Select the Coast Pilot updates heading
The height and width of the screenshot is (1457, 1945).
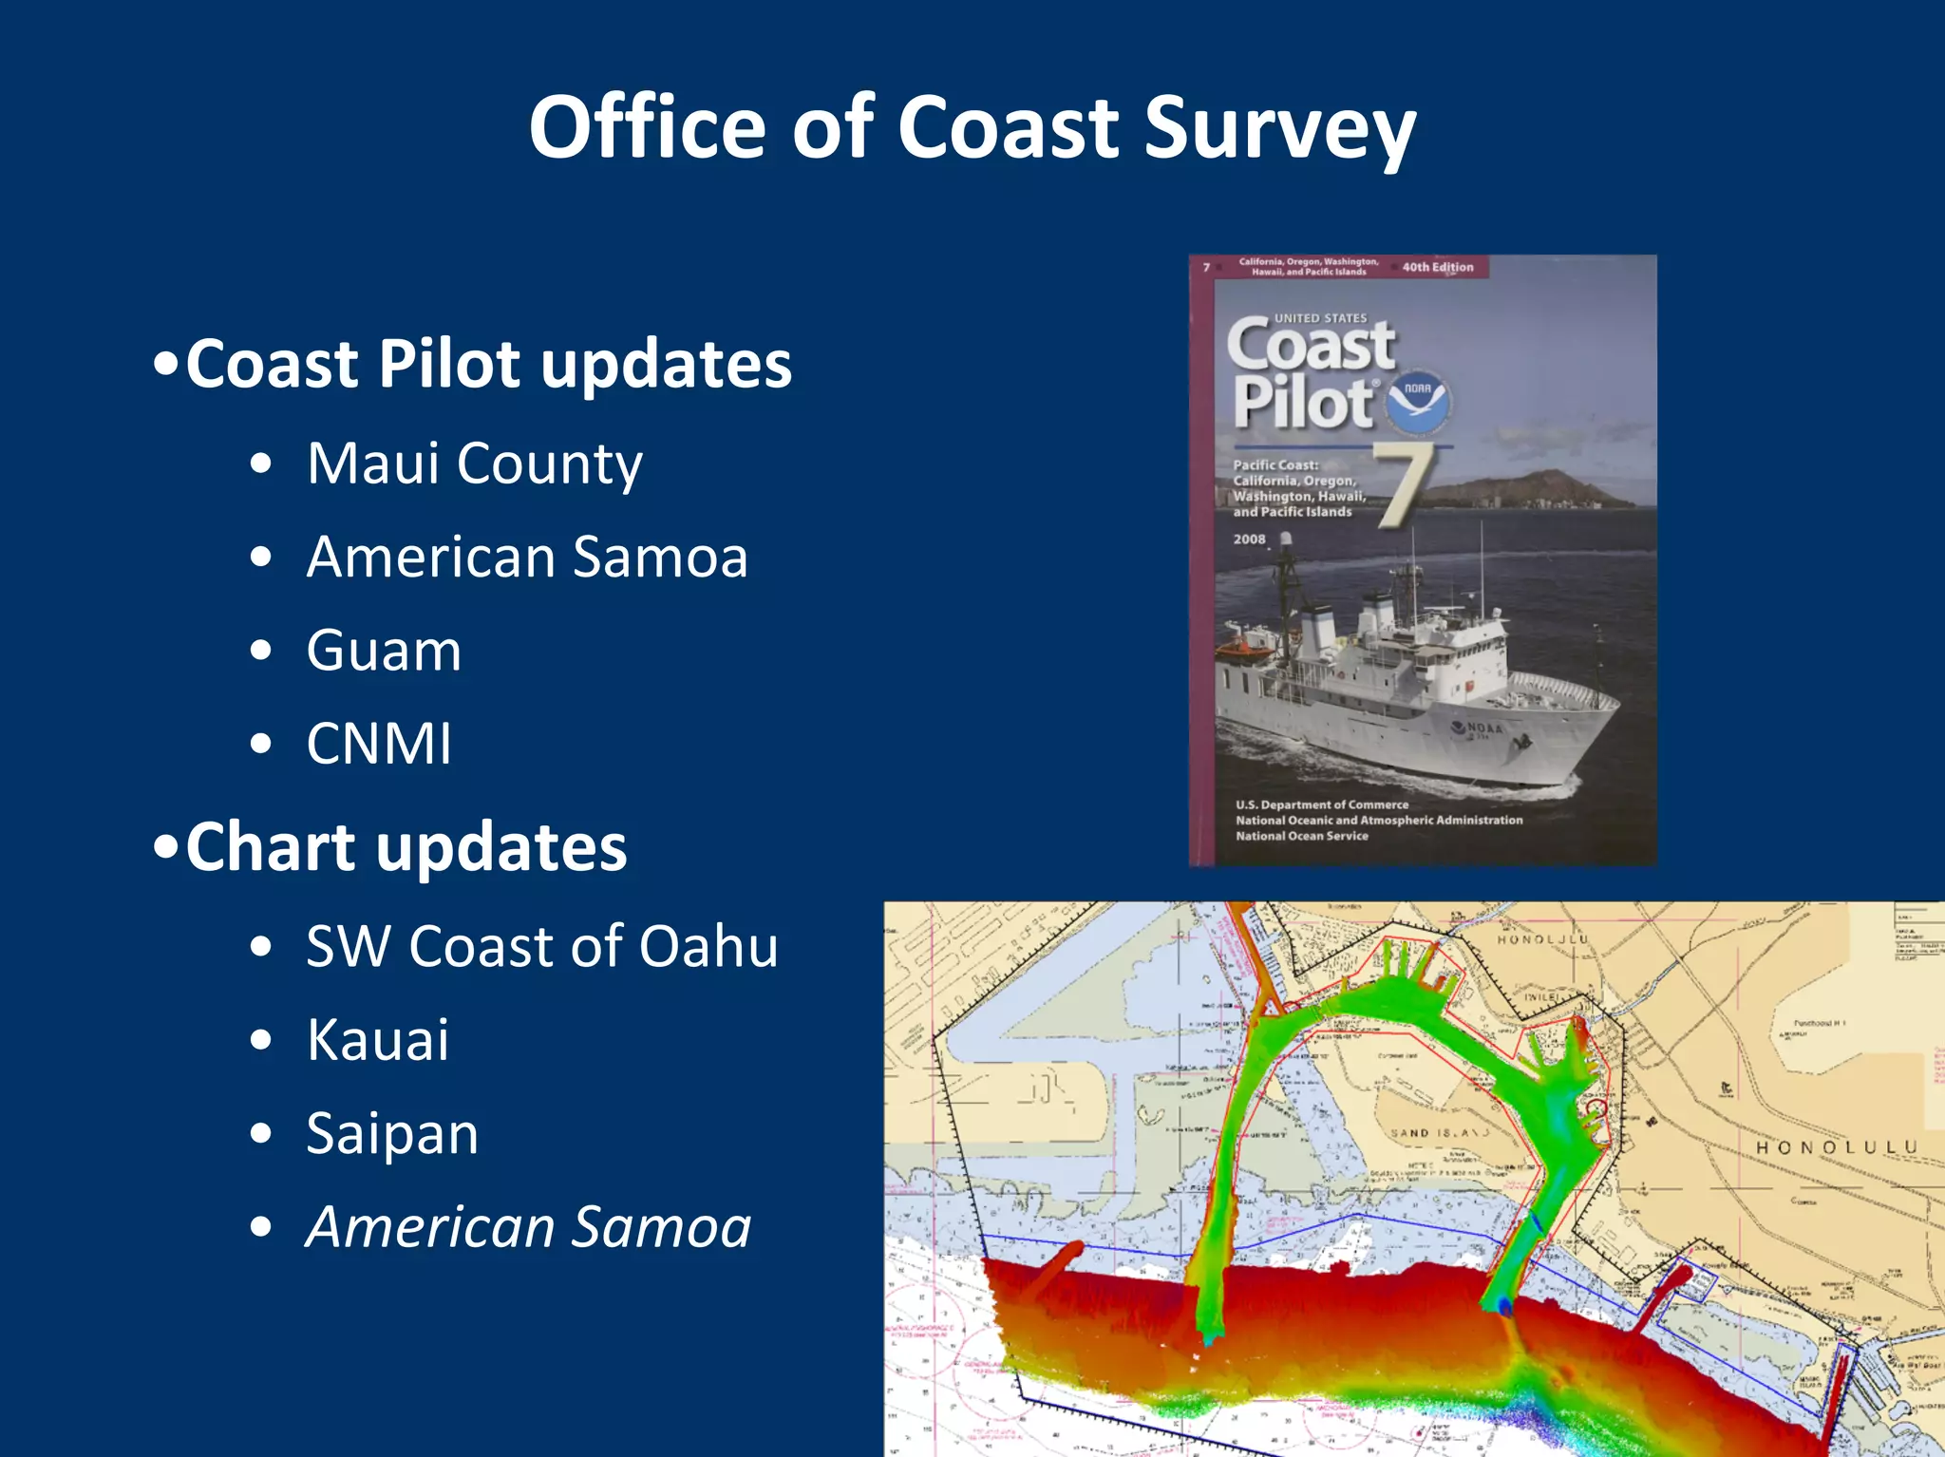(488, 364)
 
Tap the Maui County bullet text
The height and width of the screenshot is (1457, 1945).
(474, 464)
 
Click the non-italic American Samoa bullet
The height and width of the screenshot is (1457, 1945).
(527, 557)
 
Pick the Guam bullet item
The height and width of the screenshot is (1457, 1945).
(384, 651)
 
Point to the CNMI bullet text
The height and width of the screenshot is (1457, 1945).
(379, 744)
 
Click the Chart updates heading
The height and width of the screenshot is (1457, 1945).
(406, 846)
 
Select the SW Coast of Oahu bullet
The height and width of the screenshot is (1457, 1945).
(541, 947)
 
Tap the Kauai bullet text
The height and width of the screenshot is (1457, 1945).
(377, 1040)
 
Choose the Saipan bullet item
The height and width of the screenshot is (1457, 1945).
(392, 1133)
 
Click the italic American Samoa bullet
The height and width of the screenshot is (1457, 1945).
(528, 1227)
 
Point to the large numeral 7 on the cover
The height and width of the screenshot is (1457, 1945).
(1404, 484)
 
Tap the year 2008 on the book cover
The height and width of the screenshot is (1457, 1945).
(1249, 539)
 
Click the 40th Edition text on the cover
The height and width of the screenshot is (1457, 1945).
(1437, 267)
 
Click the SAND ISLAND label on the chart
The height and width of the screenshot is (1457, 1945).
(1439, 1133)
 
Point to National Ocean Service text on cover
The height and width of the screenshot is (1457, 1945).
(1301, 836)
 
